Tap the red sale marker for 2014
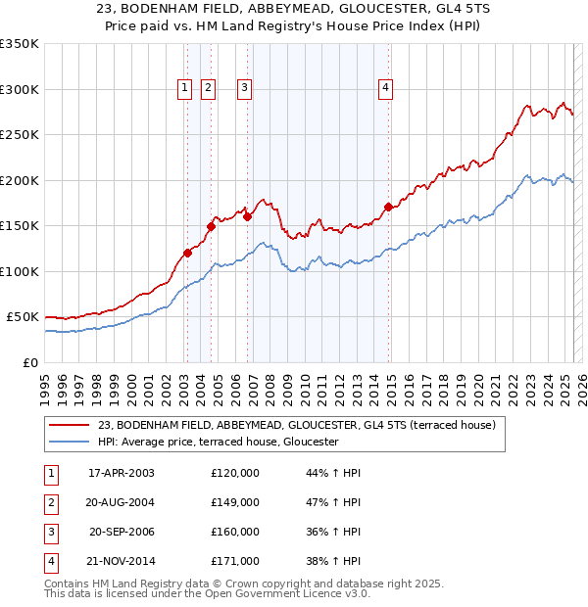[389, 207]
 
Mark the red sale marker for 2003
[187, 253]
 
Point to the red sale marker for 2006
[247, 216]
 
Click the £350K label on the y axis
[20, 44]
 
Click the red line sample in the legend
[70, 425]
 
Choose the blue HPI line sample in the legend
[70, 442]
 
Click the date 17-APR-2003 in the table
[122, 473]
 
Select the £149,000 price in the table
[235, 502]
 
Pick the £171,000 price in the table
[235, 561]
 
